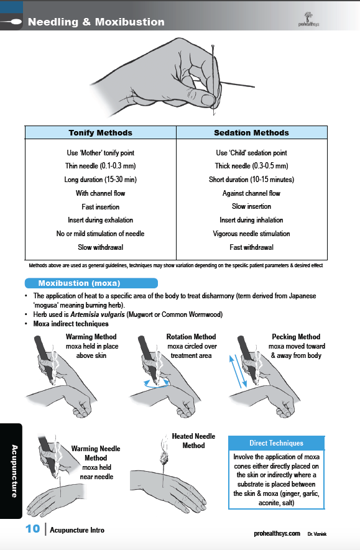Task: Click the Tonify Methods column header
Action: [x=100, y=132]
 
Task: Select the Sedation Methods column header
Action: [x=252, y=132]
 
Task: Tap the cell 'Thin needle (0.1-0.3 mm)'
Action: [x=100, y=166]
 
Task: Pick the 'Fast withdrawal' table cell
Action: [x=252, y=247]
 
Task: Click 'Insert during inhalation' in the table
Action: [x=251, y=220]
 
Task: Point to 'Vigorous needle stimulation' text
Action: [x=251, y=234]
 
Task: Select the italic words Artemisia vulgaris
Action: [x=98, y=314]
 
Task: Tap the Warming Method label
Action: [x=91, y=337]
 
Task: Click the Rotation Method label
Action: [x=192, y=337]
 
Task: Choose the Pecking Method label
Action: [x=296, y=337]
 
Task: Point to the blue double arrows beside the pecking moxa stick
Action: [x=238, y=372]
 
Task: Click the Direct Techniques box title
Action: [x=276, y=443]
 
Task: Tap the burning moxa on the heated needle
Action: [x=164, y=457]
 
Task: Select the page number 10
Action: [x=32, y=529]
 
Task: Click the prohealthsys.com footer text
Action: [x=277, y=533]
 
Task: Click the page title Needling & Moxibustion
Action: [x=96, y=22]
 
